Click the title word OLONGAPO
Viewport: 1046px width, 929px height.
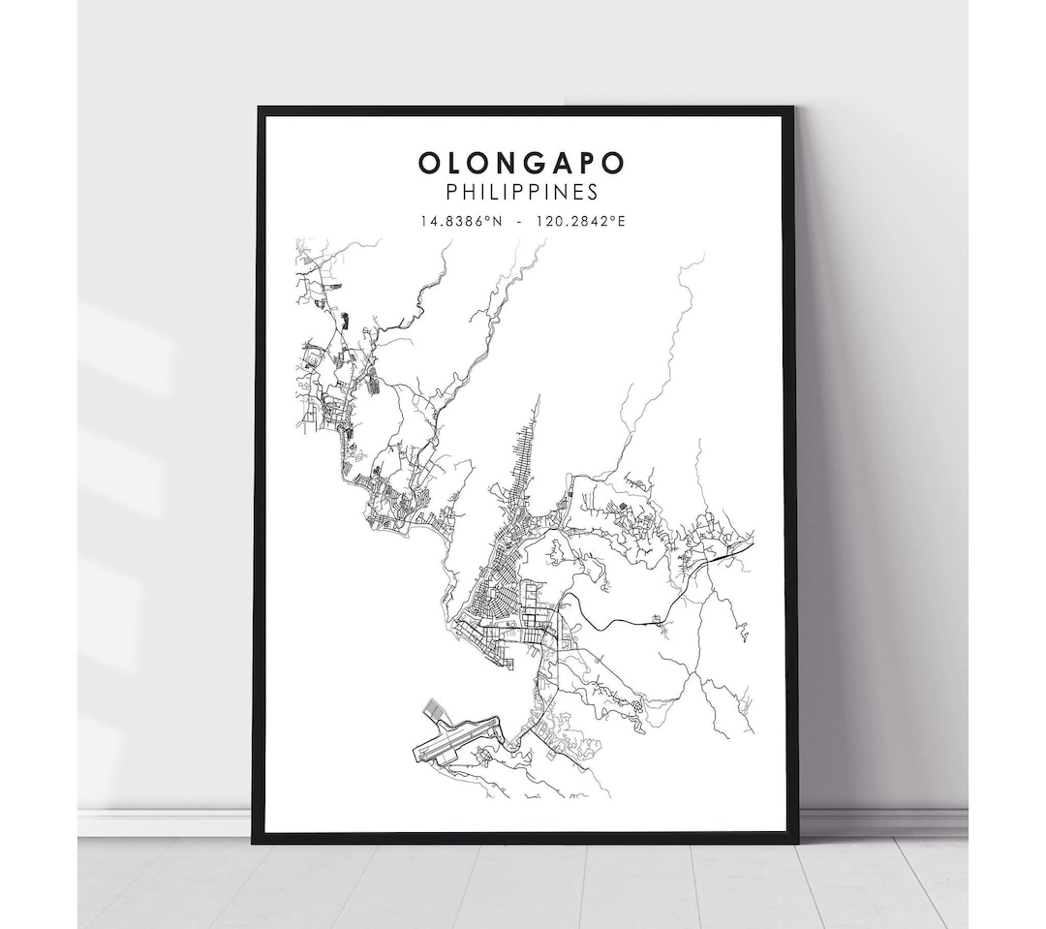(521, 163)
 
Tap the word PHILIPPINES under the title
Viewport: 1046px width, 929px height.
(521, 192)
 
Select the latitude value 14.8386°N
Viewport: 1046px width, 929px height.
(462, 221)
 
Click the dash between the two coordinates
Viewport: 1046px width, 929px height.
(520, 221)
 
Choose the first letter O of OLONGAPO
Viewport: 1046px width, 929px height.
(430, 163)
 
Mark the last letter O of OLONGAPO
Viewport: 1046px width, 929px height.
(612, 163)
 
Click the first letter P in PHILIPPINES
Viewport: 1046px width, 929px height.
(451, 192)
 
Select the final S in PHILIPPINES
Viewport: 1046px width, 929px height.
(592, 192)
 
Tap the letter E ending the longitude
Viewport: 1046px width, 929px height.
(621, 221)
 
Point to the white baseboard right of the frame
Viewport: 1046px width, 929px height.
(881, 821)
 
